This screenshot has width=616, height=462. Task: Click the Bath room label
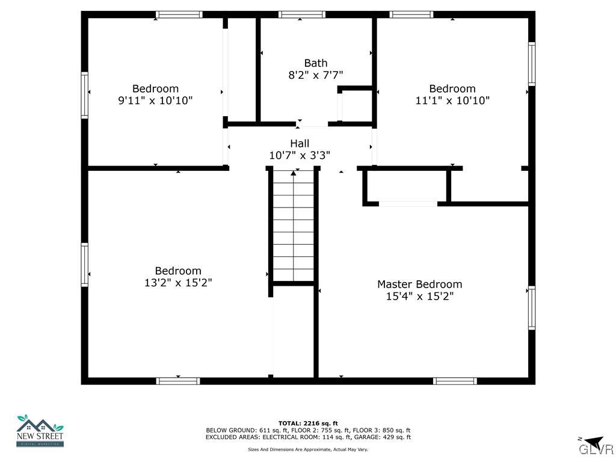tap(316, 63)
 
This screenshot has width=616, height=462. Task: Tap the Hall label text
tap(300, 143)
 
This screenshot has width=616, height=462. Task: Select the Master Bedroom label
tap(419, 284)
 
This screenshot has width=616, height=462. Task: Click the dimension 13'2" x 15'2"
tap(177, 283)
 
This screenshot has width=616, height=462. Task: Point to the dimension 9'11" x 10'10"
tap(155, 100)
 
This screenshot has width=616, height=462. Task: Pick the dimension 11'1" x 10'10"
tap(452, 100)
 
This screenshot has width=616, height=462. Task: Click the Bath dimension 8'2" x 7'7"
tap(316, 75)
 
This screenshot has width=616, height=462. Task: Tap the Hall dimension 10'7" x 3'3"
tap(300, 155)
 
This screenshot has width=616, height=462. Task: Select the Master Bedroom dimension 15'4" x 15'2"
tap(419, 296)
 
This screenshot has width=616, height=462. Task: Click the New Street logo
tap(40, 431)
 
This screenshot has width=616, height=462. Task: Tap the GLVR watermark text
tap(596, 450)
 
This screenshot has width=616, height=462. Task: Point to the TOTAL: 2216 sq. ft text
tap(308, 423)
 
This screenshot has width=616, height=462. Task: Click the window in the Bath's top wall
tap(301, 14)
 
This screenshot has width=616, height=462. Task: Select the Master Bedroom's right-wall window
tap(532, 307)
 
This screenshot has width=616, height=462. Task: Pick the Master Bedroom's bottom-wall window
tap(455, 381)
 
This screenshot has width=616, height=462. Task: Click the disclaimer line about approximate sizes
tap(308, 449)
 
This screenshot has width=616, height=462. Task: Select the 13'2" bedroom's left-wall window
tap(85, 265)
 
